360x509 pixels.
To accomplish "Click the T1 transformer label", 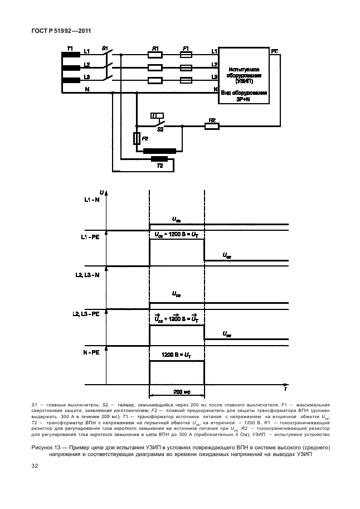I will coord(70,49).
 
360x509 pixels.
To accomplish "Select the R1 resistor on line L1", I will coord(155,55).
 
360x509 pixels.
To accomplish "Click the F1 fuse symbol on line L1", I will coord(186,55).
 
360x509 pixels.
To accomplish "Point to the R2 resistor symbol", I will coord(212,127).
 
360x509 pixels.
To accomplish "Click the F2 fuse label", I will coord(145,138).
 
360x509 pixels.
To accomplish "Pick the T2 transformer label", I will coord(159,166).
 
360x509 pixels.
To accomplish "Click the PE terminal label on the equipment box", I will coord(275,51).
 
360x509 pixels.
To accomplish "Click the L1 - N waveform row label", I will coord(93,200).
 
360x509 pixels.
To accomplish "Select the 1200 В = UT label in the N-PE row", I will coord(176,355).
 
